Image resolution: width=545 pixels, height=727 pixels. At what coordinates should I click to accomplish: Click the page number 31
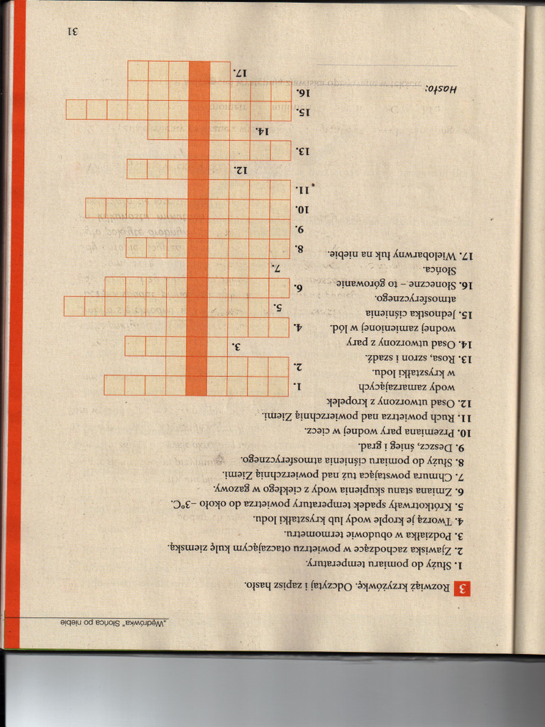pos(72,32)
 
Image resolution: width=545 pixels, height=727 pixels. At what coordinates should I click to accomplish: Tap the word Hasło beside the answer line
pos(441,89)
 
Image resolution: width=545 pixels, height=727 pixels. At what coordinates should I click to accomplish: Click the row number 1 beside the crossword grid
pos(299,386)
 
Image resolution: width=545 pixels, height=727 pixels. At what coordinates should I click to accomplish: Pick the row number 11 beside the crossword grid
pos(303,190)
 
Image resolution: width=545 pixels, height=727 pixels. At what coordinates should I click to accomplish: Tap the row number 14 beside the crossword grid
pos(262,131)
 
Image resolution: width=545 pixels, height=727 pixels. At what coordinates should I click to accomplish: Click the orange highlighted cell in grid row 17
pos(199,71)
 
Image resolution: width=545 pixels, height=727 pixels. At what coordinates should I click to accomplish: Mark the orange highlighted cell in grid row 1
pos(197,385)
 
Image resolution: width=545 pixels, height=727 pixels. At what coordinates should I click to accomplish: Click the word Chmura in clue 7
pos(434,475)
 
